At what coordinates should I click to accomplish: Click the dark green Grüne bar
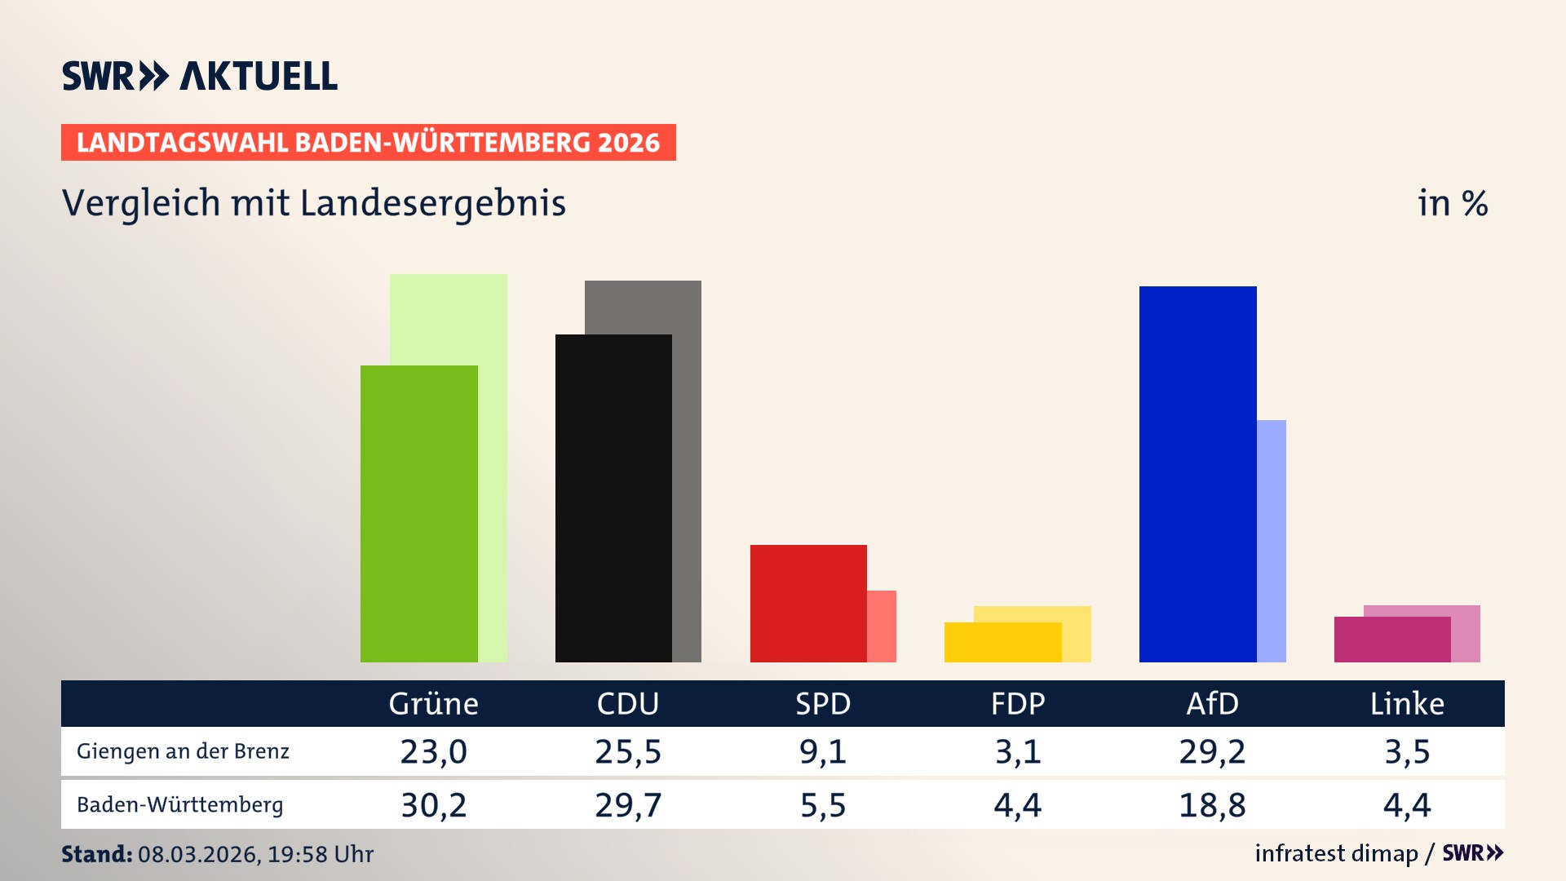[x=418, y=514]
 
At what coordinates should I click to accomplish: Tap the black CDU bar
[x=613, y=498]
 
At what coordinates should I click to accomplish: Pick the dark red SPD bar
[x=808, y=604]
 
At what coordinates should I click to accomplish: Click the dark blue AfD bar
[x=1197, y=473]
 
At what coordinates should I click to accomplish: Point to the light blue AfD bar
[x=1272, y=538]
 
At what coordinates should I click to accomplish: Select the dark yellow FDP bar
[x=1002, y=642]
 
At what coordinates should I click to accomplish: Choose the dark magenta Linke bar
[x=1392, y=640]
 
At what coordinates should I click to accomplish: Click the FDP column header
[x=1017, y=703]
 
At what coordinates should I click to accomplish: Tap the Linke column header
[x=1407, y=703]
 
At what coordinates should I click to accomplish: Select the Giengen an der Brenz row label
[x=183, y=751]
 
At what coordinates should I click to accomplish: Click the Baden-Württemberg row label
[x=179, y=805]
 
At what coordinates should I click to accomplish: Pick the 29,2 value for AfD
[x=1212, y=751]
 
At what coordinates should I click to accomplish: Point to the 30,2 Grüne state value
[x=433, y=805]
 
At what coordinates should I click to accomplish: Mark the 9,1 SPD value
[x=822, y=751]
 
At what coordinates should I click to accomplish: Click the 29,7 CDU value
[x=628, y=805]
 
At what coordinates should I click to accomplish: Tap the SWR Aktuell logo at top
[x=200, y=76]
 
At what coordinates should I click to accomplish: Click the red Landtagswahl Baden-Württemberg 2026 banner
[x=368, y=142]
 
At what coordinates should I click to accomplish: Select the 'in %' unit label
[x=1452, y=203]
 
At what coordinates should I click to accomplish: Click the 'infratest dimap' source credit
[x=1336, y=853]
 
